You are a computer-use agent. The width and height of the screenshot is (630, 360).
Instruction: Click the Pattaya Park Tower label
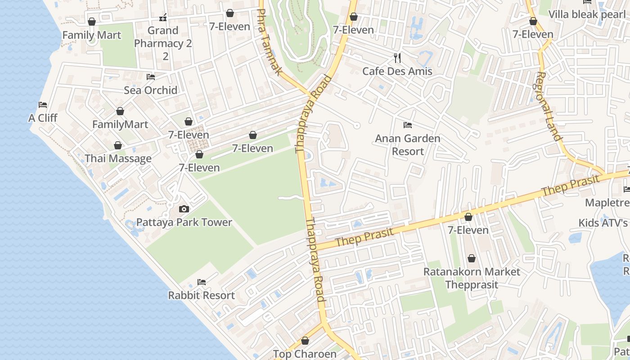pos(184,222)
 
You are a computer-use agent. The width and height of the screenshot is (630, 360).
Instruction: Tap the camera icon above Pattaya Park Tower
pos(184,209)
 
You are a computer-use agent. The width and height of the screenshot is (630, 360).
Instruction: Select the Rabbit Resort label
pos(201,296)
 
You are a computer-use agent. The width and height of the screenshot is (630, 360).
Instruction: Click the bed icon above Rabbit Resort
pos(202,282)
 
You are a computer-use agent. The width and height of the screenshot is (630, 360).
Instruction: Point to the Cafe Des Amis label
pos(397,71)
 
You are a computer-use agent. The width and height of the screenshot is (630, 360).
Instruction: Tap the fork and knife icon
pos(397,58)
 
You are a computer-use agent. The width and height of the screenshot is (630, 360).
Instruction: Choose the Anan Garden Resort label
pos(408,145)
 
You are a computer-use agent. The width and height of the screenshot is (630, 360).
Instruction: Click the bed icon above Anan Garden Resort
pos(408,125)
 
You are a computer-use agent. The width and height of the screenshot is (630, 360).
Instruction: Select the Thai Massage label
pos(118,159)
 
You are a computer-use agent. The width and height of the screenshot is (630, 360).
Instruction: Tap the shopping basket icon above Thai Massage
pos(118,145)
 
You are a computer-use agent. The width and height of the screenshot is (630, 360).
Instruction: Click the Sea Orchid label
pos(150,90)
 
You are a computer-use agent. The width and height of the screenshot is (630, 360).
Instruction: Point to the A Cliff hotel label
pos(43,118)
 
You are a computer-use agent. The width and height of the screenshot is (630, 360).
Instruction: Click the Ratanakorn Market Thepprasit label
pos(472,278)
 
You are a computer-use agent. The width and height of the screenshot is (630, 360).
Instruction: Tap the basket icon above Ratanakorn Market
pos(472,258)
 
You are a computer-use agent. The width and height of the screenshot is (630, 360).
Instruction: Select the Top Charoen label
pos(305,354)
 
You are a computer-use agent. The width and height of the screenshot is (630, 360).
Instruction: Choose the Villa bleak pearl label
pos(587,14)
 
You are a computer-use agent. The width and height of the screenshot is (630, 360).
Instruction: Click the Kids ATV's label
pos(603,223)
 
